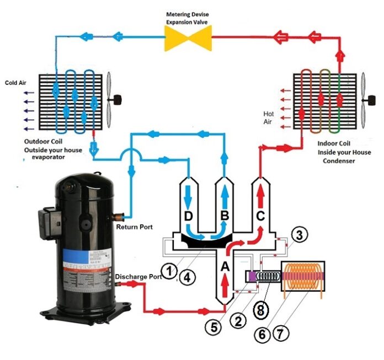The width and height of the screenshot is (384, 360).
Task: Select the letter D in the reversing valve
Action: [x=189, y=216]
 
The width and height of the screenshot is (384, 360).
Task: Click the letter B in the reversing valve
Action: [x=225, y=216]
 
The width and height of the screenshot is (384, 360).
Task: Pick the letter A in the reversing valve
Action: [x=225, y=266]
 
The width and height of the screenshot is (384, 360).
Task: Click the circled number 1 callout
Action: [x=172, y=270]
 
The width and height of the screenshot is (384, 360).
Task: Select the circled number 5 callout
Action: [x=215, y=327]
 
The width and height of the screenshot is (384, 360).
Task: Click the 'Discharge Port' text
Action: [x=138, y=277]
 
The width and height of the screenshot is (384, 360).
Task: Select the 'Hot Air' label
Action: [x=268, y=117]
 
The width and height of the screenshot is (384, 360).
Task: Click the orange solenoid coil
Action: [x=303, y=276]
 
